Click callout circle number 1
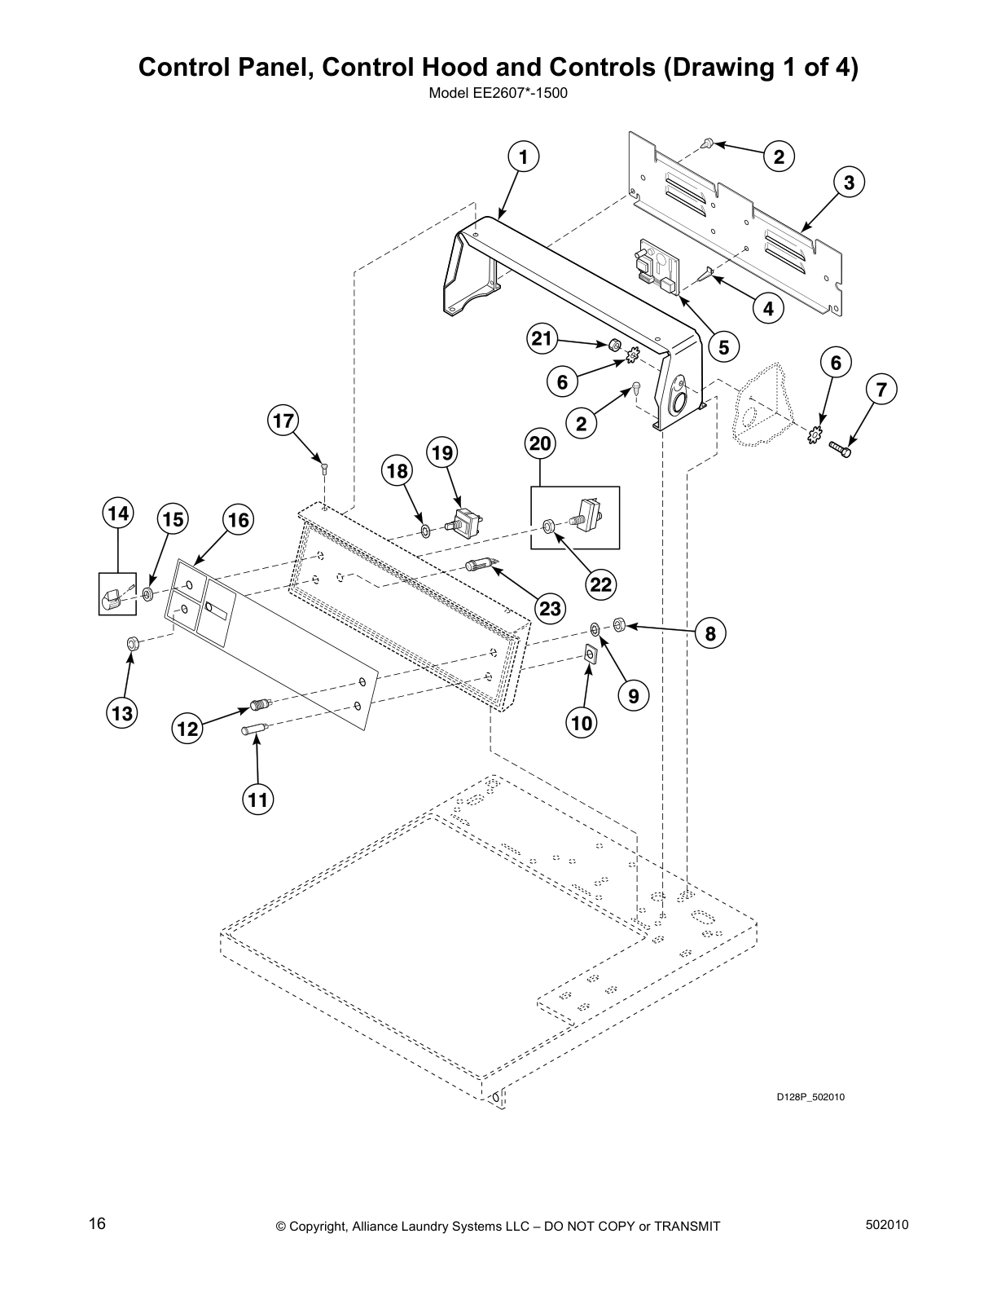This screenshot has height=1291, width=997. (524, 157)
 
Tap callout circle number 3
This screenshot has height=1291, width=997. (849, 183)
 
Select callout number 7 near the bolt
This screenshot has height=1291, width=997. (881, 390)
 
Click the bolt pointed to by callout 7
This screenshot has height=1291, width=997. (840, 447)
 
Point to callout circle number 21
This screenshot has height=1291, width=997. (542, 339)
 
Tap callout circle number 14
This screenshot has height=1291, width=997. (117, 513)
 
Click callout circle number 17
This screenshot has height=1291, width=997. (283, 421)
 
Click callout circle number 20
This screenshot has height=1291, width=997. (541, 444)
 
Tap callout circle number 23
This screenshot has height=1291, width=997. (551, 608)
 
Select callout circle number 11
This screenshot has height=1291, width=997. (257, 800)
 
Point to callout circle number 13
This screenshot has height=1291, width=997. (122, 714)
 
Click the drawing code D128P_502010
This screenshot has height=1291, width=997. (809, 1097)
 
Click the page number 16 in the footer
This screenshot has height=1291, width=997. (97, 1223)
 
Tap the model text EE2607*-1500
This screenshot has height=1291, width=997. (498, 93)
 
